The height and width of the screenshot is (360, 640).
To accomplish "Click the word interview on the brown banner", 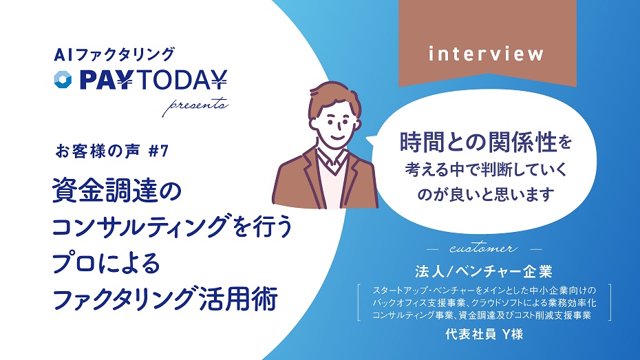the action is tap(486, 54).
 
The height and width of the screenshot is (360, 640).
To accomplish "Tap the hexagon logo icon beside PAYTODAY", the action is tap(63, 80).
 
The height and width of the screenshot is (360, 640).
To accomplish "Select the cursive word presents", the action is tap(195, 106).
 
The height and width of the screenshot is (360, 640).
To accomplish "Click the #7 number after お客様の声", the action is tap(158, 151).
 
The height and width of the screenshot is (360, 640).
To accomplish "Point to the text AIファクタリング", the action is tap(114, 54).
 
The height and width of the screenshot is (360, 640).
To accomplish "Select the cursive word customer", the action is tap(483, 248).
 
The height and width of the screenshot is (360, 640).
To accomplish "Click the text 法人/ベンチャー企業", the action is tap(484, 271).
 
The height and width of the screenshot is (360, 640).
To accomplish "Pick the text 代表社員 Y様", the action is tap(484, 335).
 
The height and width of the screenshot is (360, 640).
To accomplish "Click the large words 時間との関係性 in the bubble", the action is tap(478, 142).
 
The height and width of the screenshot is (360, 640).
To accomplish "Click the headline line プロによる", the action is tap(106, 262).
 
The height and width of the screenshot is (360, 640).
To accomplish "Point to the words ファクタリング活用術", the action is tap(165, 298).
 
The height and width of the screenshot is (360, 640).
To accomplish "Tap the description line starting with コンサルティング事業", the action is tap(482, 315).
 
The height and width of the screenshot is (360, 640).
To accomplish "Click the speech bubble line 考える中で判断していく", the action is tap(486, 169).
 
